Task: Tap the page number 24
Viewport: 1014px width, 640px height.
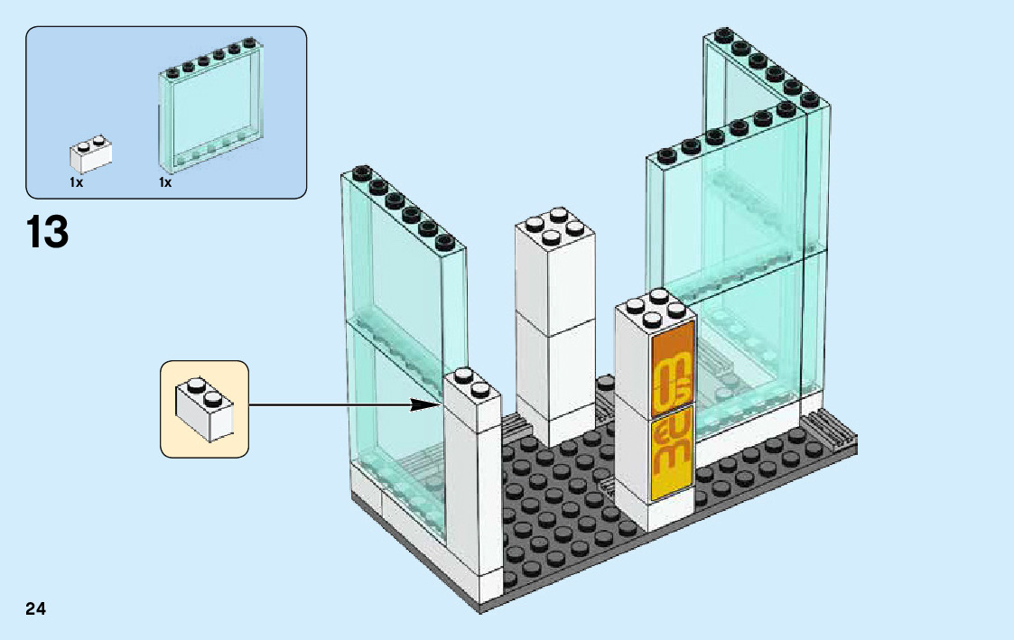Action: pyautogui.click(x=36, y=608)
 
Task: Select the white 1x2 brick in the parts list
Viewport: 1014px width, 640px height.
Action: pyautogui.click(x=90, y=155)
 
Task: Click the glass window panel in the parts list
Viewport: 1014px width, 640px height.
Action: pyautogui.click(x=212, y=108)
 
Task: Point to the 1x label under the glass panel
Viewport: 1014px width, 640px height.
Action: pyautogui.click(x=165, y=182)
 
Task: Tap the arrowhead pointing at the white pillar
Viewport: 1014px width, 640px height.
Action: pyautogui.click(x=431, y=405)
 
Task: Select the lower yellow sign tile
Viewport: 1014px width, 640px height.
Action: pyautogui.click(x=672, y=450)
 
